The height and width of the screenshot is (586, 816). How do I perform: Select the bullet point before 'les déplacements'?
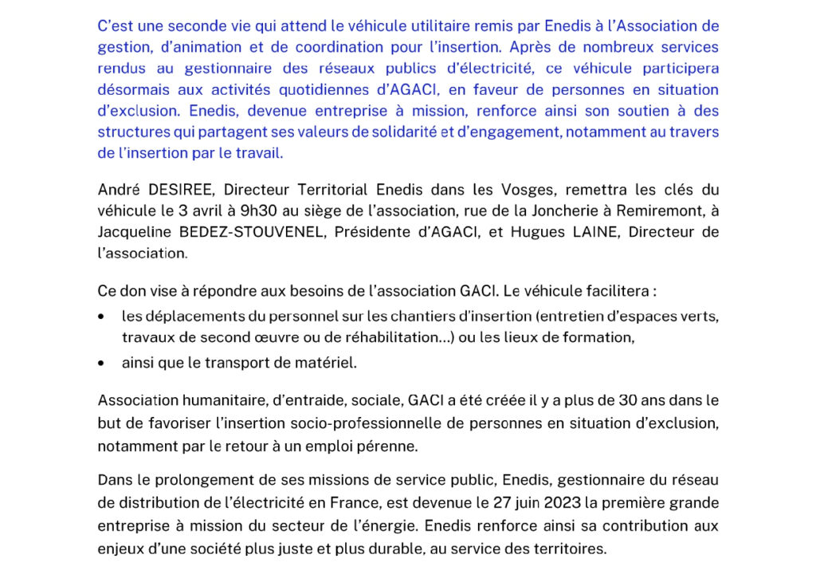point(101,317)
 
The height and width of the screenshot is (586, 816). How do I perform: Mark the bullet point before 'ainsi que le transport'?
point(101,363)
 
